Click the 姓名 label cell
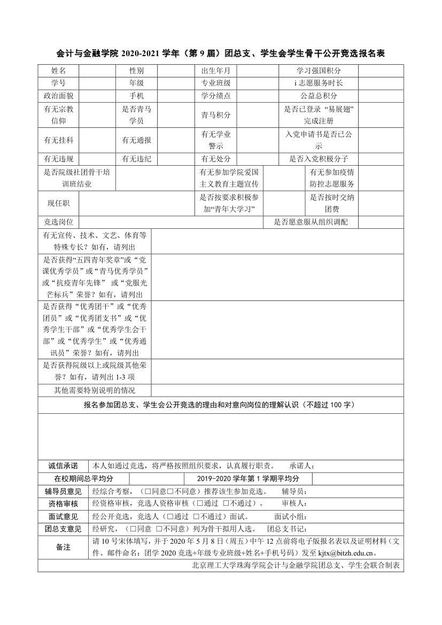point(58,71)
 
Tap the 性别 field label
point(136,71)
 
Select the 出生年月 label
point(215,71)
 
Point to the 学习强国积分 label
point(319,71)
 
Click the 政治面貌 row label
point(58,96)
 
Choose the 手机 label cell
point(136,96)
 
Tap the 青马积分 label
point(215,115)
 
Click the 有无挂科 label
point(58,140)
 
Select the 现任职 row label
point(58,203)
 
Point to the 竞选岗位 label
point(58,222)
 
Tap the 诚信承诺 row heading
point(63,465)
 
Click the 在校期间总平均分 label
point(84,479)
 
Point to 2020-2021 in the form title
point(142,53)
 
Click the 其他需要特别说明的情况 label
point(95,390)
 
